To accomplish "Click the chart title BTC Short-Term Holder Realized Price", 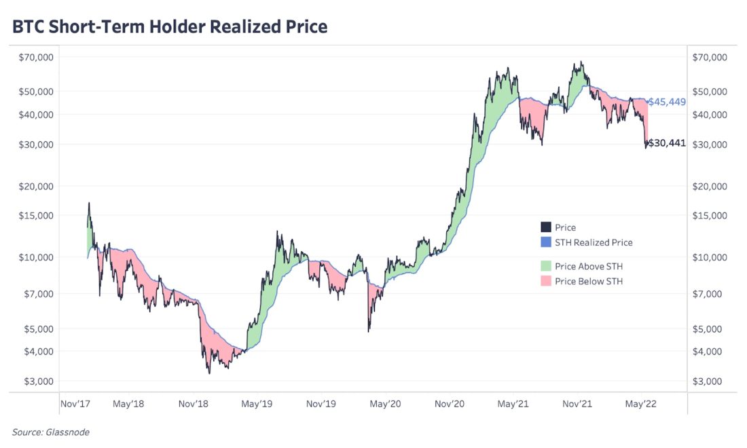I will [x=170, y=27].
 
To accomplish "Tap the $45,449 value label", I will [x=666, y=102].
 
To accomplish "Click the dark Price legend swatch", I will [x=546, y=227].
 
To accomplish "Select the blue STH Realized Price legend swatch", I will [x=546, y=242].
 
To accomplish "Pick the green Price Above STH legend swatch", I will [x=546, y=266].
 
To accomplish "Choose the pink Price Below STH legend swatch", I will [x=546, y=281].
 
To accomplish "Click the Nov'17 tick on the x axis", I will [x=76, y=404].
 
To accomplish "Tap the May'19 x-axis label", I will [x=257, y=404].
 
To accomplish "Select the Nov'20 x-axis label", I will [x=449, y=404].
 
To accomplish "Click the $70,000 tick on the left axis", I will [x=35, y=58].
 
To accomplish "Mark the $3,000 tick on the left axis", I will [x=38, y=381].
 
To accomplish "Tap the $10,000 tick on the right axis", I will [x=710, y=257].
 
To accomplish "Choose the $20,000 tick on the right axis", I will [x=710, y=186].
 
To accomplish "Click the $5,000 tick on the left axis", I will [x=38, y=329].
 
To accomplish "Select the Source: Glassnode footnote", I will [x=50, y=432].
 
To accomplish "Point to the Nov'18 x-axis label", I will [x=193, y=404].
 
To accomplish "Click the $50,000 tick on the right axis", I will [x=710, y=91].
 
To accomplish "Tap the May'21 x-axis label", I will [x=513, y=404].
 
